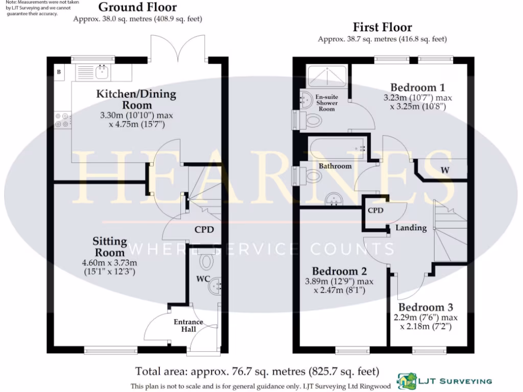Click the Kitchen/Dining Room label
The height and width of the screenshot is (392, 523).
(x=136, y=100)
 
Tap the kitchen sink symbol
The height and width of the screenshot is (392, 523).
(x=93, y=72)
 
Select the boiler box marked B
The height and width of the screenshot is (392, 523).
(x=59, y=72)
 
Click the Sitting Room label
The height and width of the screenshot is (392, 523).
(x=109, y=247)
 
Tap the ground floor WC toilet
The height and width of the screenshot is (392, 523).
(x=207, y=259)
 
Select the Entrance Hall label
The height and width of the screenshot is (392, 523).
(x=188, y=325)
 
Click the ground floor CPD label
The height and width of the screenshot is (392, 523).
(x=204, y=229)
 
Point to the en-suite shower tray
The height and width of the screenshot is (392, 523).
(x=326, y=76)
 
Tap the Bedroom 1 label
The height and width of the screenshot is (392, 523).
(x=418, y=87)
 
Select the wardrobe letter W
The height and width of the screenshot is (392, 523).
(x=445, y=170)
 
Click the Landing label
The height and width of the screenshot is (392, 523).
(x=411, y=228)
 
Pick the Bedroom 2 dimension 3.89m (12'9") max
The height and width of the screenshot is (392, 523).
(x=339, y=281)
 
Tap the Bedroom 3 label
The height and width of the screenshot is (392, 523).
(x=425, y=307)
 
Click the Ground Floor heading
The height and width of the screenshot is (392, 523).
(x=137, y=7)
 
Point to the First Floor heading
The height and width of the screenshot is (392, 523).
(x=382, y=27)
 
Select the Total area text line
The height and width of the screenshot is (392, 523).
(x=257, y=371)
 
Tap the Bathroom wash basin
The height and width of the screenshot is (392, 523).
(x=334, y=200)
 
